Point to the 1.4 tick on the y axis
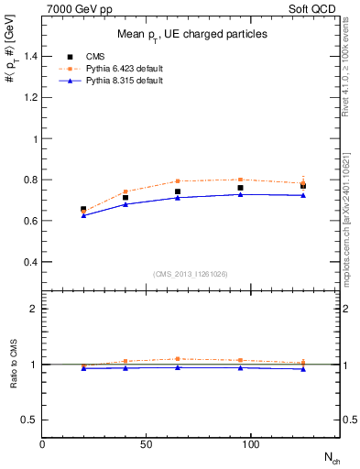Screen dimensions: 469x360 [30, 57]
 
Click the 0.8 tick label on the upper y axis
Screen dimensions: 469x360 [30, 180]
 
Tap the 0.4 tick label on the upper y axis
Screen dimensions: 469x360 [30, 262]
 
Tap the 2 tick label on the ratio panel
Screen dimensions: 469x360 [34, 309]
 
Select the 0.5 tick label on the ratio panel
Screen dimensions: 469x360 [30, 420]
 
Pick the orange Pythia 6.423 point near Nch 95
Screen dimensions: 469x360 [240, 180]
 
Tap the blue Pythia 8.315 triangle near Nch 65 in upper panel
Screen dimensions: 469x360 [178, 197]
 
